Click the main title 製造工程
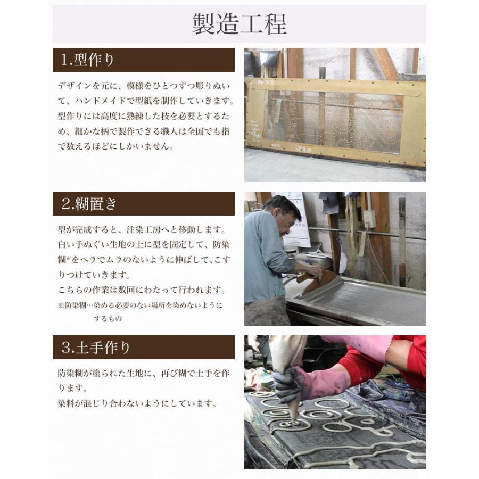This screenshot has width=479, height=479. [239, 24]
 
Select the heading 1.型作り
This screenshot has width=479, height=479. [88, 60]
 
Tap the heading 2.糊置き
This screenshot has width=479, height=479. [89, 203]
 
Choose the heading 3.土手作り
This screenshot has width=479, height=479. [96, 348]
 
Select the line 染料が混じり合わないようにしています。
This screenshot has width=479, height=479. [137, 403]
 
